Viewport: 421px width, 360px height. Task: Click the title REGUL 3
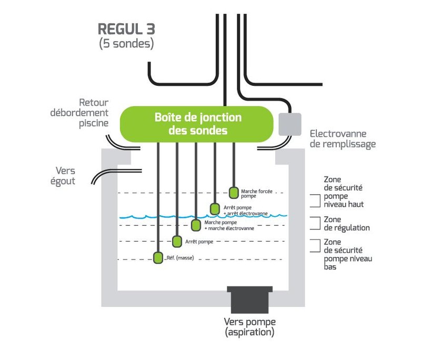pos(126,29)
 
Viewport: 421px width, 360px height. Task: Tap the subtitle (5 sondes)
pos(126,44)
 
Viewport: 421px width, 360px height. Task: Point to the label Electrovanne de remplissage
pos(343,139)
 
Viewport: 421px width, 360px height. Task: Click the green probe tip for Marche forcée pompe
pos(234,192)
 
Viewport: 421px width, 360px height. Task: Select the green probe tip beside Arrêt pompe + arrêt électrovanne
pos(215,208)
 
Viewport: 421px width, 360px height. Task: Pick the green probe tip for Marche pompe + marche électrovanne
pos(196,225)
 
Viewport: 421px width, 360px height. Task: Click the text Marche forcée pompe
pos(256,194)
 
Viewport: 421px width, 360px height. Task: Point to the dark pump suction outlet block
pos(249,299)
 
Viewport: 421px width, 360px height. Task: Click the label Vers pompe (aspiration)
pos(249,327)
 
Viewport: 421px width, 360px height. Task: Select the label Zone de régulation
pos(347,224)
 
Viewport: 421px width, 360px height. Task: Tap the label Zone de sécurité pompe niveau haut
pos(344,192)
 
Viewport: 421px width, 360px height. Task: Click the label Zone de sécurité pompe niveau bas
pos(347,254)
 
